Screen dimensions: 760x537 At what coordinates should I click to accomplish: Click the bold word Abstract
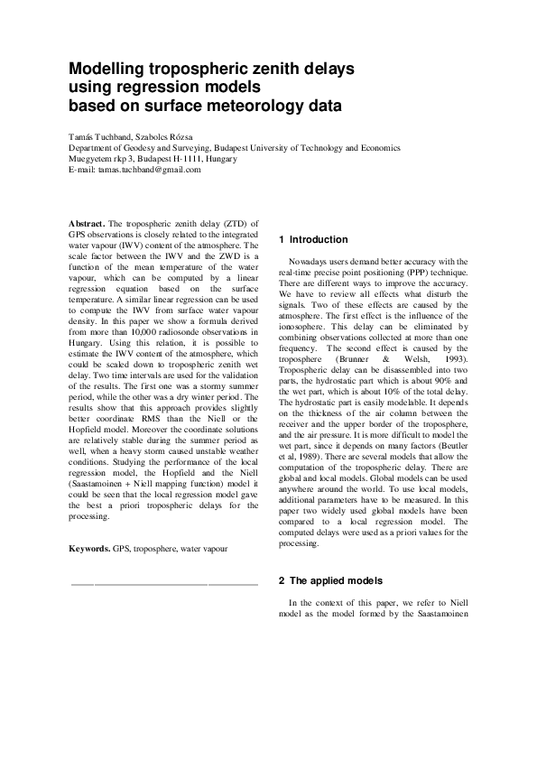(x=88, y=223)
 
